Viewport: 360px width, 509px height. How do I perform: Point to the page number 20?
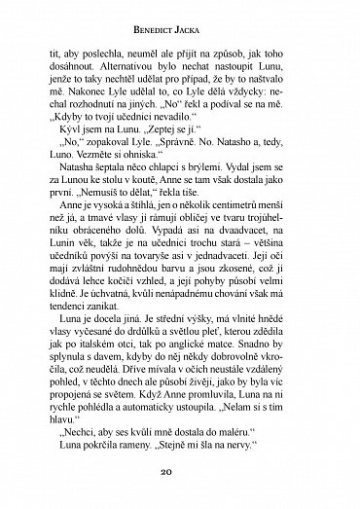181,487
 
